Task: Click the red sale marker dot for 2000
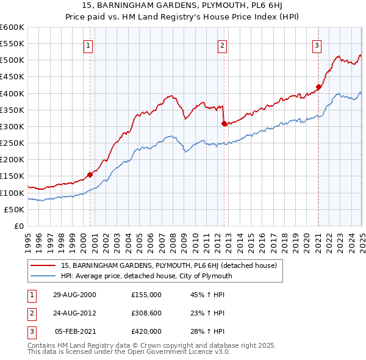90,175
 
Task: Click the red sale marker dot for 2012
224,123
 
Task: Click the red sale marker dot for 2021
318,87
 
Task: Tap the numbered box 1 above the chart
88,45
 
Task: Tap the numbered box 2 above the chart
223,45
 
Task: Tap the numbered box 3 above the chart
317,45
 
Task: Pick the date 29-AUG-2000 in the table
75,295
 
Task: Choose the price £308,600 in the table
146,313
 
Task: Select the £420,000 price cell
146,331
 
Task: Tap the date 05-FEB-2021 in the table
75,331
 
